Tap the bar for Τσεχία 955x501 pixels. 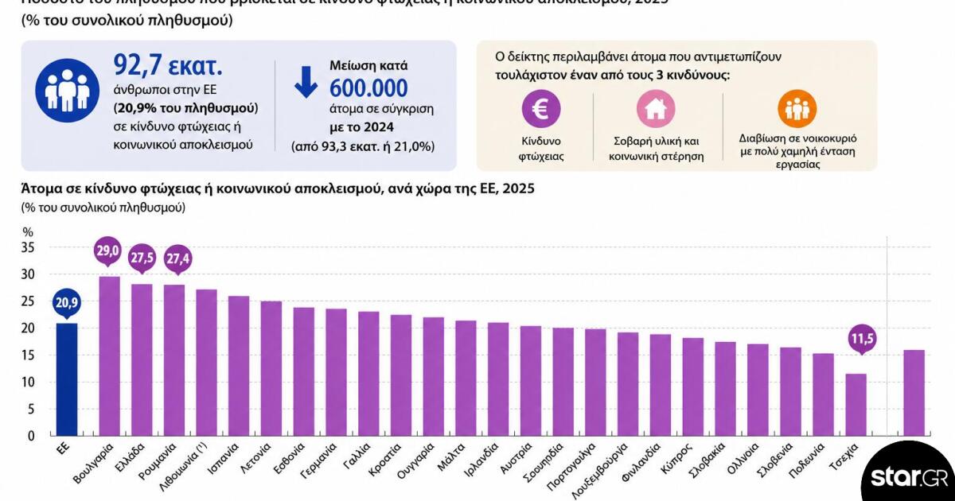pyautogui.click(x=856, y=405)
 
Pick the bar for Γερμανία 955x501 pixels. pyautogui.click(x=337, y=372)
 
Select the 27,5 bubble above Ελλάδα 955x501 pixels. pyautogui.click(x=142, y=258)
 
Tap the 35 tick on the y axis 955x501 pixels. pyautogui.click(x=28, y=247)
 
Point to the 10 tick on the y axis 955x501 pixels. pyautogui.click(x=28, y=382)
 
